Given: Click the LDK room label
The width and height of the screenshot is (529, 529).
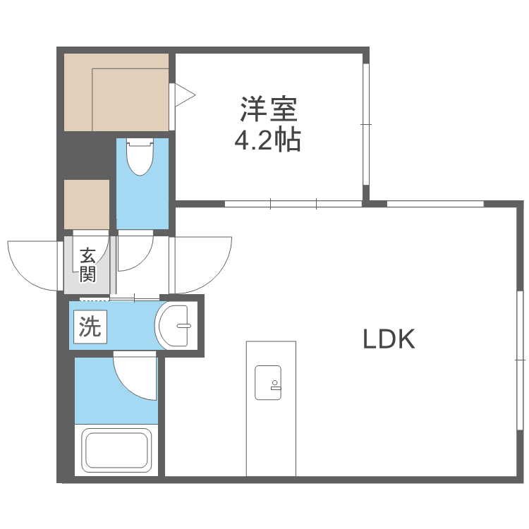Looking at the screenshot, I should [x=388, y=341].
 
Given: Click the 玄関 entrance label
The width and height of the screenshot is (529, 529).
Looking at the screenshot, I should [x=87, y=264].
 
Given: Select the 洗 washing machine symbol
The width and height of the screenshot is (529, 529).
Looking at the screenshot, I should [x=90, y=327].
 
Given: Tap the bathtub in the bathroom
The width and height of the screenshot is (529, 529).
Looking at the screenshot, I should [x=116, y=450].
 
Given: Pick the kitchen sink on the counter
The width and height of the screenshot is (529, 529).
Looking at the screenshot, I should [x=268, y=381].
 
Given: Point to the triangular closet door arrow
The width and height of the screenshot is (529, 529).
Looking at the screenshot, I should [x=183, y=95].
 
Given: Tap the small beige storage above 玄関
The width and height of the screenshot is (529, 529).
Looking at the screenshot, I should [x=87, y=204].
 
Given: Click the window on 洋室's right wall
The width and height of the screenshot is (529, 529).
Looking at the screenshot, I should [x=365, y=124].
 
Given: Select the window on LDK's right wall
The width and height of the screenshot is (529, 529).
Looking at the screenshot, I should [x=521, y=360].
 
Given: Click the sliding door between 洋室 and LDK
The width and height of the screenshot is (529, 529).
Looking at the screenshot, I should [x=293, y=205].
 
